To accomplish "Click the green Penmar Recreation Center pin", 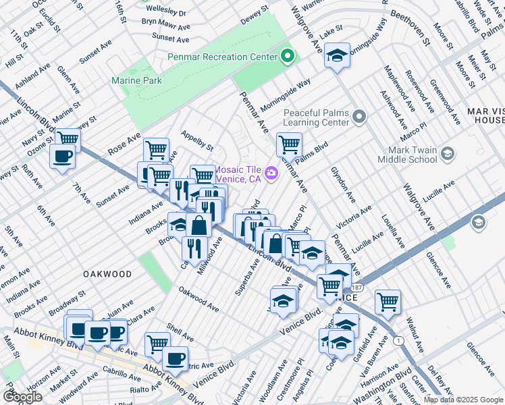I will [x=289, y=57].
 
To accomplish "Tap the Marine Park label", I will [x=137, y=80].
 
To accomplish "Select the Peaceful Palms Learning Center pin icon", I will [x=359, y=118].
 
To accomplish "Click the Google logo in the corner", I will [x=22, y=397].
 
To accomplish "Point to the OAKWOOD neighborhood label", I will [x=107, y=274].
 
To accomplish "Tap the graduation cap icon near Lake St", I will [x=336, y=55].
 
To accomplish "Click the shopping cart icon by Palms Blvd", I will [x=288, y=144].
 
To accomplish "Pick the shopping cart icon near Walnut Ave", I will [x=388, y=301].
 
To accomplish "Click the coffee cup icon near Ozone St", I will [x=62, y=157].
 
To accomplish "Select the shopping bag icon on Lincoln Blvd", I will [x=200, y=225].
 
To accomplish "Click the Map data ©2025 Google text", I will [x=463, y=400].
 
